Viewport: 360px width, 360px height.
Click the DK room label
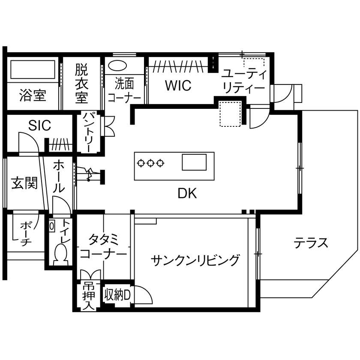coord(187,194)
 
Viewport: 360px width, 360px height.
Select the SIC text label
coord(39,126)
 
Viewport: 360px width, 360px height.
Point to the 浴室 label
coord(33,96)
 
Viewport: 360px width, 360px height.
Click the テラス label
coord(311,243)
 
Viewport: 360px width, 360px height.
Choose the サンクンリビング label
coord(195,260)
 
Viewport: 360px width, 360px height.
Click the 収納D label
coord(117,294)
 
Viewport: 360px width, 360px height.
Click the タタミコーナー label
coord(104,246)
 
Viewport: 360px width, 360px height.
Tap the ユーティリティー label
coord(243,81)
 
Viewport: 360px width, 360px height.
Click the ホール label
coord(59,176)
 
